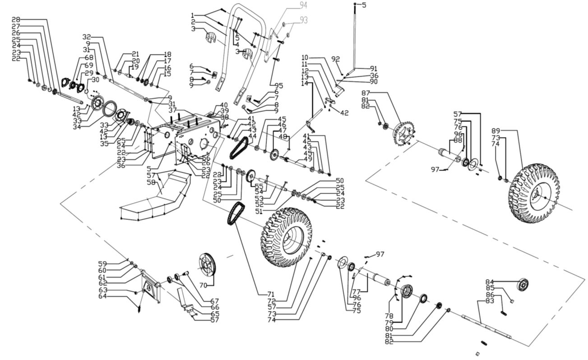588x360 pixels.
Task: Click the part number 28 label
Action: [16, 19]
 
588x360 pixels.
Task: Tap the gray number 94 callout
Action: [303, 5]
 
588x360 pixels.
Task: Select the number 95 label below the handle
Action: [278, 86]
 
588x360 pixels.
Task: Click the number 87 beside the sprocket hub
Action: [366, 93]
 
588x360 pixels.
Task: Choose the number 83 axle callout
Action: [490, 300]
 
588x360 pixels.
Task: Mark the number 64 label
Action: [103, 296]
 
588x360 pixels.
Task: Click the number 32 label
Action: [87, 37]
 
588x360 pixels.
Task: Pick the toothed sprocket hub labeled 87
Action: [403, 134]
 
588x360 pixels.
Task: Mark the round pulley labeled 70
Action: [207, 264]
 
